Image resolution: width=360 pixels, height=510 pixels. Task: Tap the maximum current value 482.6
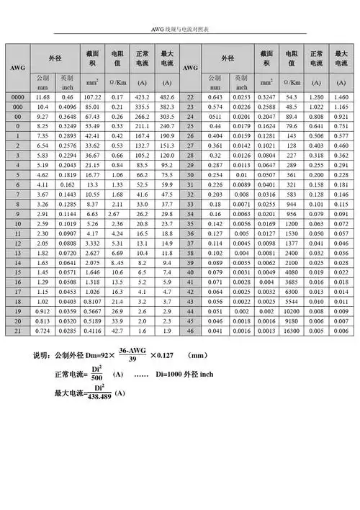[167, 96]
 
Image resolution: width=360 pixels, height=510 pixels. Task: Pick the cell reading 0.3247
[266, 96]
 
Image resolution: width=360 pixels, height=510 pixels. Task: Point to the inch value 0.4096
[68, 106]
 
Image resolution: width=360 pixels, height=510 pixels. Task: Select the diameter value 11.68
[42, 96]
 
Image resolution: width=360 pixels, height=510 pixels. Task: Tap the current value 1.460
[341, 96]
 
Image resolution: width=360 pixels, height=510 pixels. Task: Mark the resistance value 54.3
[292, 96]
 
